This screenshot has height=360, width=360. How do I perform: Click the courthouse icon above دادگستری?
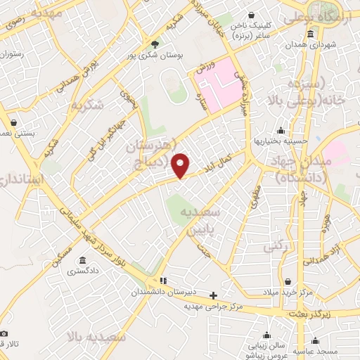[82, 260]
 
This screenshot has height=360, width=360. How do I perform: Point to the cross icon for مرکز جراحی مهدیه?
[214, 295]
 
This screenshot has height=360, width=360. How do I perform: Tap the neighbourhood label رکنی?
[272, 246]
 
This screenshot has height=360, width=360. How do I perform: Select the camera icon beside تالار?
[4, 333]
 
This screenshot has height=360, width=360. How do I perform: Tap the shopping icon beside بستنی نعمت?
[13, 122]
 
